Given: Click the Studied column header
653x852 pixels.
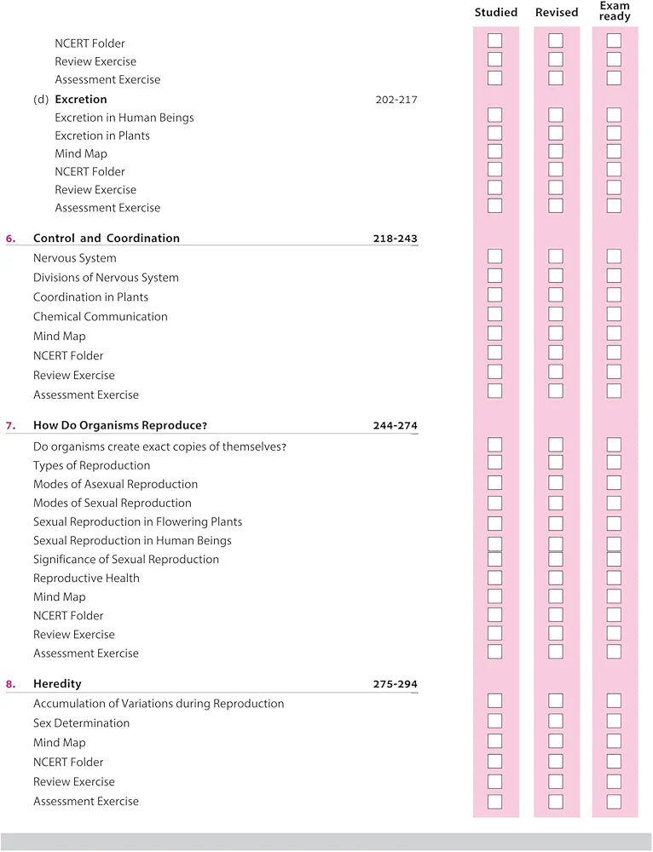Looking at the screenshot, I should [x=495, y=12].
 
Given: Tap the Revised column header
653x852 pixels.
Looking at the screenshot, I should [x=557, y=12].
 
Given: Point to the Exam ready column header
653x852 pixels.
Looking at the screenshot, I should [x=615, y=11].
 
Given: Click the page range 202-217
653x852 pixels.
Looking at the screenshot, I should [x=396, y=100].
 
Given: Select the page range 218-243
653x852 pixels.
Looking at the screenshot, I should [x=395, y=239].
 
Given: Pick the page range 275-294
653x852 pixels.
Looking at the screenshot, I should [x=395, y=684].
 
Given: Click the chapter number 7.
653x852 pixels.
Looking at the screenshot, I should [x=10, y=425].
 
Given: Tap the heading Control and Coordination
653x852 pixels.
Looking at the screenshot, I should [x=107, y=239].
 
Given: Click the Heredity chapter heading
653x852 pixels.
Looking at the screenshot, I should [x=57, y=684].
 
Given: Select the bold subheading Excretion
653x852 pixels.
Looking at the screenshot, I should [x=81, y=100].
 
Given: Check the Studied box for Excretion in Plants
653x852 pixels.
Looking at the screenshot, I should [x=494, y=133].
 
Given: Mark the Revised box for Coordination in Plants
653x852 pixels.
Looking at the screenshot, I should [x=556, y=295].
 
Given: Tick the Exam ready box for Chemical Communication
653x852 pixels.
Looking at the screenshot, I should [x=614, y=314].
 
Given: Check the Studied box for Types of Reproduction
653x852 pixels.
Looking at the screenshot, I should [x=494, y=463].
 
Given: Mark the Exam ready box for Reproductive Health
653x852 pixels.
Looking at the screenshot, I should [x=614, y=578].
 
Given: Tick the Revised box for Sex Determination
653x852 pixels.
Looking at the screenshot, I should [x=556, y=721].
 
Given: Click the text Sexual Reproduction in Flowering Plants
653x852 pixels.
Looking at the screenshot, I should [x=137, y=521].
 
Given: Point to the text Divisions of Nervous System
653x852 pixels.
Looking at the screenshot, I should [x=106, y=278].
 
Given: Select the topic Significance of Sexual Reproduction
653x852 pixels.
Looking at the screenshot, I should [x=126, y=559].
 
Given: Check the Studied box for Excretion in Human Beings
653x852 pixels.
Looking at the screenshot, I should [x=494, y=115].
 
